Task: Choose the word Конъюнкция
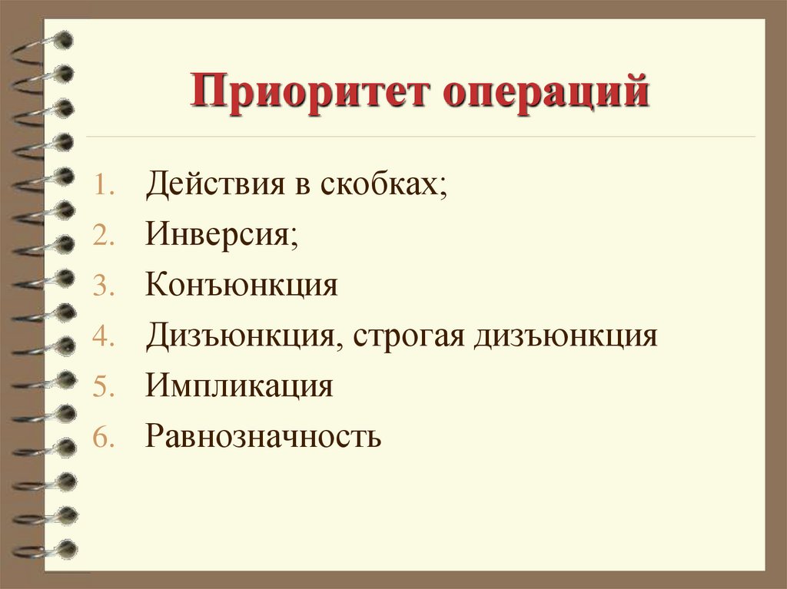click(x=241, y=285)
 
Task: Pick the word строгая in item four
click(x=403, y=336)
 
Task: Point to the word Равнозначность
click(x=263, y=435)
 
